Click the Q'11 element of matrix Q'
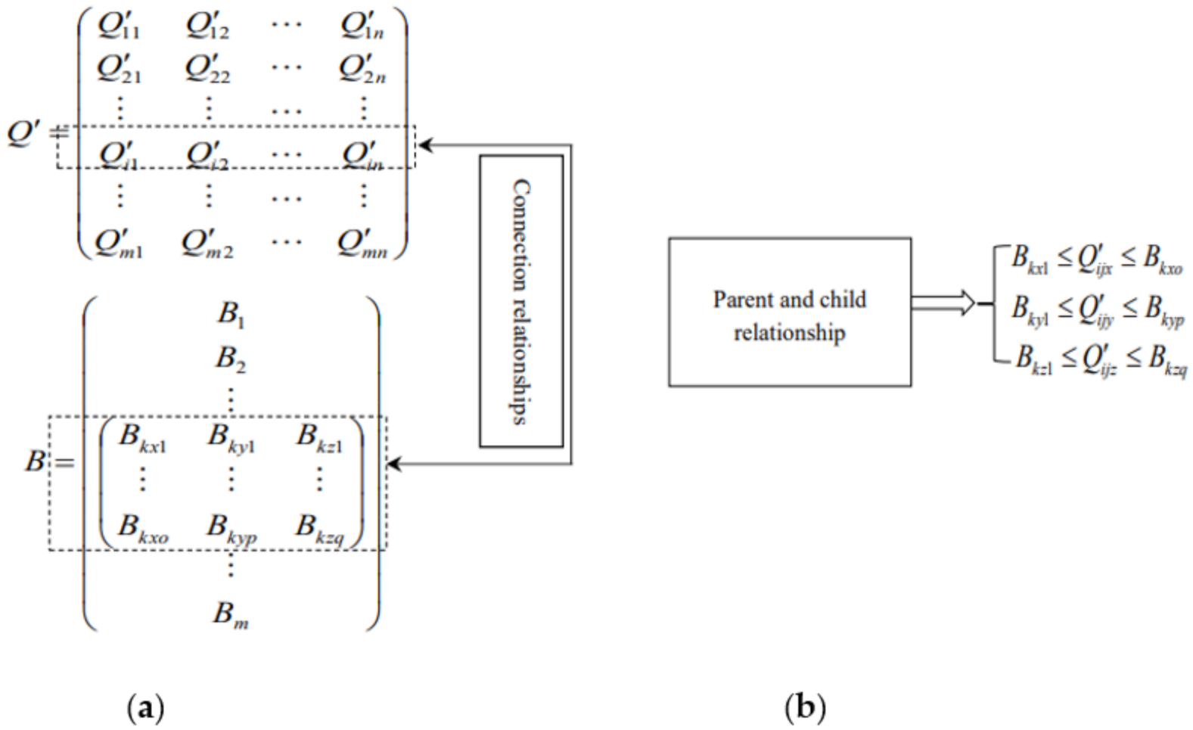click(119, 26)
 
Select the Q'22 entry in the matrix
click(207, 70)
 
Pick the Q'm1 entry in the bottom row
click(119, 244)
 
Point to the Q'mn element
click(362, 244)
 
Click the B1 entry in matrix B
click(231, 313)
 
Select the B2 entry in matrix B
click(231, 358)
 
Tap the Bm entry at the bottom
click(231, 614)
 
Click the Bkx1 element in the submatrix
click(142, 438)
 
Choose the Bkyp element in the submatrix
click(231, 527)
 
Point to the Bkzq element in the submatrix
click(320, 527)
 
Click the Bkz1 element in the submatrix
click(319, 438)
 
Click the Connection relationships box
click(521, 301)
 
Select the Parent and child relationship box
click(789, 312)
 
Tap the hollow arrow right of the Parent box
click(943, 303)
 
